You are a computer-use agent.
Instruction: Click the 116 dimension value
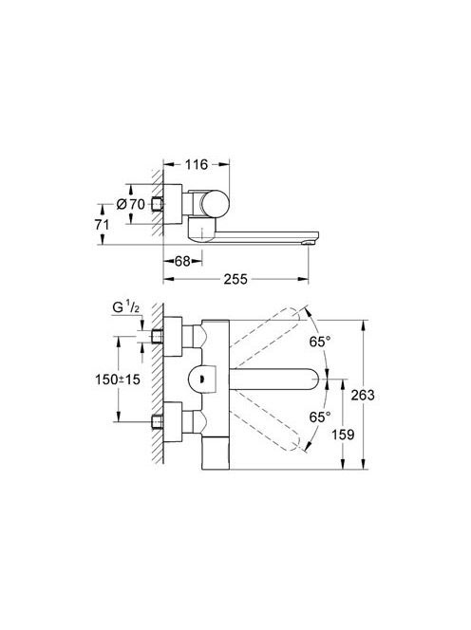197,164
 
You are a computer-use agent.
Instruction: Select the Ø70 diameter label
131,204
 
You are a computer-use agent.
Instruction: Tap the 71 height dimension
102,224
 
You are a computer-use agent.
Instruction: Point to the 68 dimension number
182,261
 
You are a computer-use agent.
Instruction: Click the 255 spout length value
235,279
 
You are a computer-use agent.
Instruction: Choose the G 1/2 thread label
126,307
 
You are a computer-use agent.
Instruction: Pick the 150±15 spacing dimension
118,379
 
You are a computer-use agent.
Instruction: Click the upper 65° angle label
320,342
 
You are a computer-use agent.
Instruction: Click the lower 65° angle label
320,417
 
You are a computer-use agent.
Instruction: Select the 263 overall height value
363,395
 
